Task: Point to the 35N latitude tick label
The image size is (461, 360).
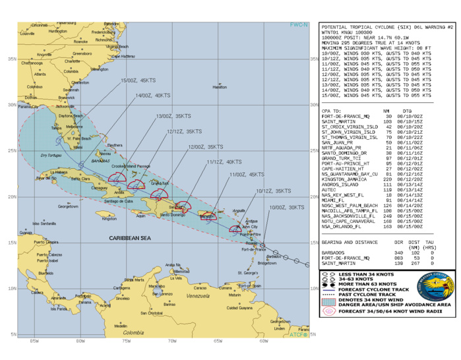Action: (x=11, y=58)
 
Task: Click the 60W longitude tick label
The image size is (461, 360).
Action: (x=263, y=341)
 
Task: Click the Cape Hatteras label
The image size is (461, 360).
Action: (x=123, y=56)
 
